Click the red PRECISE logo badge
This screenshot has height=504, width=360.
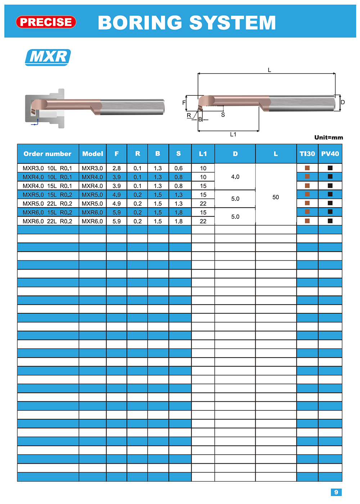tap(46, 22)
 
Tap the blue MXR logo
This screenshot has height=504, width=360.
tap(48, 57)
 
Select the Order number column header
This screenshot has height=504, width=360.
tap(48, 154)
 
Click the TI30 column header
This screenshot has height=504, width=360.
tap(307, 154)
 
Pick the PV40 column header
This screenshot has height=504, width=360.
tap(330, 154)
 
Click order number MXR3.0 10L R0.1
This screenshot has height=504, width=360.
tap(47, 168)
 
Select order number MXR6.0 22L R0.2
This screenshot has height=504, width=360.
tap(47, 221)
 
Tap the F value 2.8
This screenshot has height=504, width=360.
tap(117, 168)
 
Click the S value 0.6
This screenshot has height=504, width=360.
tap(179, 168)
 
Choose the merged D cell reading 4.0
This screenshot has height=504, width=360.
tap(235, 177)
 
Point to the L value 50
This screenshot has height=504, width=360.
tap(276, 197)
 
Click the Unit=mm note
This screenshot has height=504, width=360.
tap(329, 138)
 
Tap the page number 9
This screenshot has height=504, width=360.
tap(336, 492)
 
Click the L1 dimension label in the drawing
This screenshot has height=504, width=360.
tap(233, 134)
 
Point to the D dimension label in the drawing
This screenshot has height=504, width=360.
tap(343, 102)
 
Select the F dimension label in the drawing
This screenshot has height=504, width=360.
tap(184, 103)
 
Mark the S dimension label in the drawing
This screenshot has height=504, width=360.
tap(223, 115)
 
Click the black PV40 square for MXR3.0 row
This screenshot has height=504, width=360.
tap(330, 168)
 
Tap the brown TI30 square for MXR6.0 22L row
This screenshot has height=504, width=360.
tap(307, 221)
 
